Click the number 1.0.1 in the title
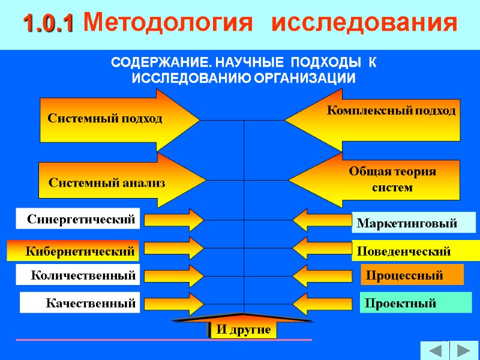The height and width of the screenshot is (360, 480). coord(48,23)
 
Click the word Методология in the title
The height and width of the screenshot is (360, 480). coord(164,23)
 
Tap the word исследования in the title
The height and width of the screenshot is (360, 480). coord(364,23)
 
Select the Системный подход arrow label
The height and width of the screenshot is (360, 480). coord(105,119)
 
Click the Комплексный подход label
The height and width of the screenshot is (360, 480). coord(391,111)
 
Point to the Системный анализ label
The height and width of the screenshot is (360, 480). coord(107,182)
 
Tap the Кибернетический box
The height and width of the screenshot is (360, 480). coord(73,251)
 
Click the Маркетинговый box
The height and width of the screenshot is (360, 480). coord(413,223)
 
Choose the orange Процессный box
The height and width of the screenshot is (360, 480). coord(412,275)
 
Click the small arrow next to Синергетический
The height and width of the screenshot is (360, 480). coord(174,220)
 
